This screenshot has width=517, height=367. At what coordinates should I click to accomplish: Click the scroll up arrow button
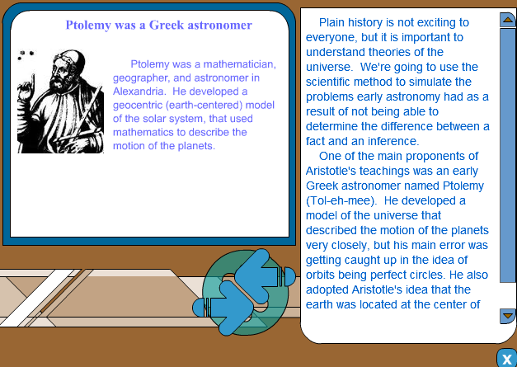(x=508, y=20)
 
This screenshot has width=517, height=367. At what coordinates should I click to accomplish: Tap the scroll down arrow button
(x=508, y=316)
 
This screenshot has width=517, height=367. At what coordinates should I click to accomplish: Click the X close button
(x=507, y=359)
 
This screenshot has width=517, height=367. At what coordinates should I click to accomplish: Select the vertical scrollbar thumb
(x=508, y=155)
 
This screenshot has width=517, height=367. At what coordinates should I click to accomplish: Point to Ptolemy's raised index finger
(x=33, y=81)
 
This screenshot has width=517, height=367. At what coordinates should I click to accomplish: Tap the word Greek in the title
(x=167, y=25)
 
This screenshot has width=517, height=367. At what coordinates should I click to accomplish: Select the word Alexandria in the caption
(x=139, y=92)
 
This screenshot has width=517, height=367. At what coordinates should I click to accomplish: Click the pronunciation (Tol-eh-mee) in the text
(x=341, y=200)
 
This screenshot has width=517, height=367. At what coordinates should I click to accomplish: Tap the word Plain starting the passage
(x=332, y=22)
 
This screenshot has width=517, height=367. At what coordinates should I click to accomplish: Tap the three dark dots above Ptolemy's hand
(x=26, y=54)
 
